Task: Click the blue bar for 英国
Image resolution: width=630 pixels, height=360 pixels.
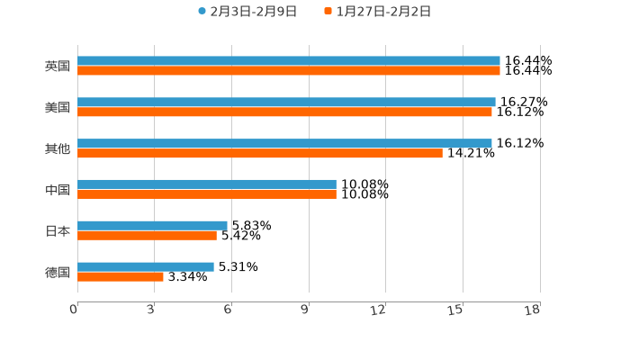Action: tap(288, 61)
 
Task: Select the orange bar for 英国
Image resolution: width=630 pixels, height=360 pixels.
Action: tap(288, 71)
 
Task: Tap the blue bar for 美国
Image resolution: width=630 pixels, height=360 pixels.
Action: tap(286, 103)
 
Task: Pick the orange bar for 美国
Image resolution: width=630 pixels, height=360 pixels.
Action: tap(284, 112)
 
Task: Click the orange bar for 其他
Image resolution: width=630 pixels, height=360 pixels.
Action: tap(260, 153)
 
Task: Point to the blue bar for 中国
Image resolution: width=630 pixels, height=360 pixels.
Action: tap(207, 184)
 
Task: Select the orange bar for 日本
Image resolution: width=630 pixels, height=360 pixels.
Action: tap(147, 235)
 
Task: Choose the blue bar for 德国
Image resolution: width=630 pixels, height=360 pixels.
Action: tap(146, 266)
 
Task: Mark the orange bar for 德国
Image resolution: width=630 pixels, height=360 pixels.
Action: tap(121, 276)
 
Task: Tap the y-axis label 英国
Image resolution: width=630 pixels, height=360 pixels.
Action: tap(58, 67)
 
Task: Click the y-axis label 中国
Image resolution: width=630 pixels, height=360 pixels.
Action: tap(58, 190)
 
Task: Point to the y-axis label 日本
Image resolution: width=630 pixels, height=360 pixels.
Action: tap(58, 231)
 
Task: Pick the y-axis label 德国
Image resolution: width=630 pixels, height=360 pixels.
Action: tap(58, 272)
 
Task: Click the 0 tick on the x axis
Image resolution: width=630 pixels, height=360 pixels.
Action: tap(74, 310)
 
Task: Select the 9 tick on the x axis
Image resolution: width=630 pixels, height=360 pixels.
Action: tap(305, 310)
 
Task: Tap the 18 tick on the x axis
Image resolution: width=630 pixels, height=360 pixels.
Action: tap(532, 310)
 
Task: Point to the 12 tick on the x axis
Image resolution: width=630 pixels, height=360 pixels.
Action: tap(378, 310)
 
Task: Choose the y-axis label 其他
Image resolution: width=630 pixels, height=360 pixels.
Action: tap(58, 148)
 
